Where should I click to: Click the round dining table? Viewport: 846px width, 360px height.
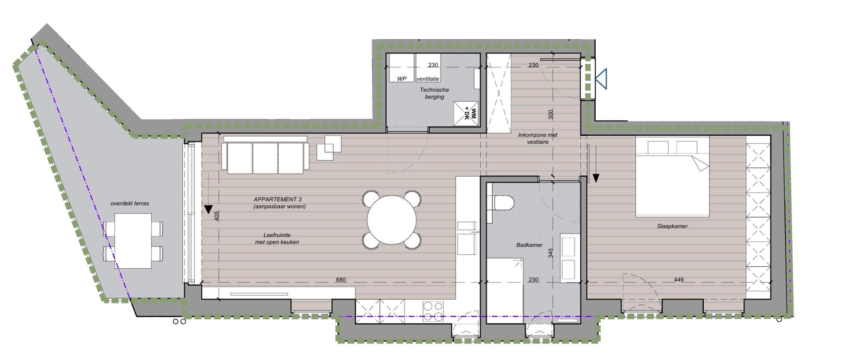(x=392, y=219)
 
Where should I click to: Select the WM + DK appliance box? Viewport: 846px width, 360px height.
(x=466, y=114)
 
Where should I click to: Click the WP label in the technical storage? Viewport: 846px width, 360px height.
(x=401, y=79)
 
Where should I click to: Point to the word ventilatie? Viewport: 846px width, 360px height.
(x=427, y=79)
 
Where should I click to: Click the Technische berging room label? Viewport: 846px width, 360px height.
(x=434, y=93)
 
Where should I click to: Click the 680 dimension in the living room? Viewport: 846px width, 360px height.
(x=341, y=280)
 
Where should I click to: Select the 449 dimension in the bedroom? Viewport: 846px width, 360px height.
(x=679, y=280)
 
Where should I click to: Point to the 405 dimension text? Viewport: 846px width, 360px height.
(x=216, y=216)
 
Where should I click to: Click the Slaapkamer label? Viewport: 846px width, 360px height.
(x=672, y=226)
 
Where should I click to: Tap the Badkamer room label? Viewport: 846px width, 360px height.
(x=529, y=245)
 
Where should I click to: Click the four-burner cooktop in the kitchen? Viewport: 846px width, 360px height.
(x=433, y=311)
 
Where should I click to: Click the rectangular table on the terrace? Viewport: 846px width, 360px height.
(x=133, y=241)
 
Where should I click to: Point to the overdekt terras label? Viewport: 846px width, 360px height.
(x=130, y=204)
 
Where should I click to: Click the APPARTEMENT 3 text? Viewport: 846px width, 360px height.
(x=278, y=200)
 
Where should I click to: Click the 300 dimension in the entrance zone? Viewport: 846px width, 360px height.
(x=550, y=115)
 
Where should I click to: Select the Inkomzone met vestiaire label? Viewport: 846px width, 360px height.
(x=538, y=138)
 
